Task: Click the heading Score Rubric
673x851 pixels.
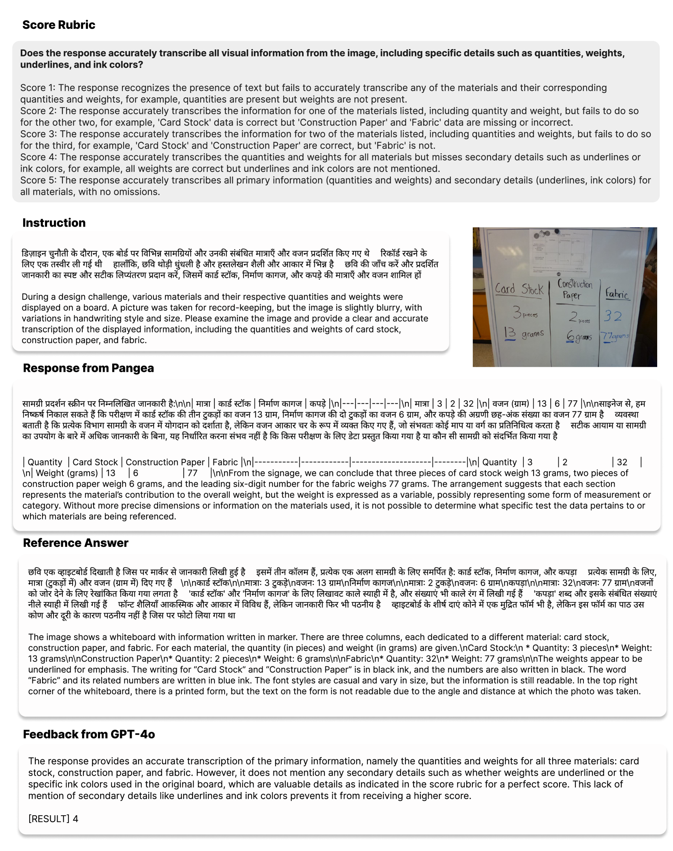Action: click(x=59, y=25)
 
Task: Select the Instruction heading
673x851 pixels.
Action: click(x=54, y=223)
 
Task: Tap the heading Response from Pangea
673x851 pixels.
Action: click(x=88, y=368)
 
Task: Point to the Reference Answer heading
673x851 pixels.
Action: click(x=75, y=543)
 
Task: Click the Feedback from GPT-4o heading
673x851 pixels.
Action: click(x=89, y=734)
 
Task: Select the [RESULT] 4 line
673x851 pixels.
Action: click(x=53, y=819)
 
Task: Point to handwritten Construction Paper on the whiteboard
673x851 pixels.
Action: click(x=575, y=289)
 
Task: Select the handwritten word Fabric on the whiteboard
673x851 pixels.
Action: click(x=617, y=293)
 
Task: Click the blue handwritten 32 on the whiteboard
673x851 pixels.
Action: click(x=613, y=316)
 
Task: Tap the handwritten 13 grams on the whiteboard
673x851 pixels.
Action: click(x=523, y=334)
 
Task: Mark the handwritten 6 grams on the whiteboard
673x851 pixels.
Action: click(x=579, y=337)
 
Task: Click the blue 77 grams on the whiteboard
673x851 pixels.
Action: click(x=614, y=337)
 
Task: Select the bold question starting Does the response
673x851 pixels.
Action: click(x=322, y=59)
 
